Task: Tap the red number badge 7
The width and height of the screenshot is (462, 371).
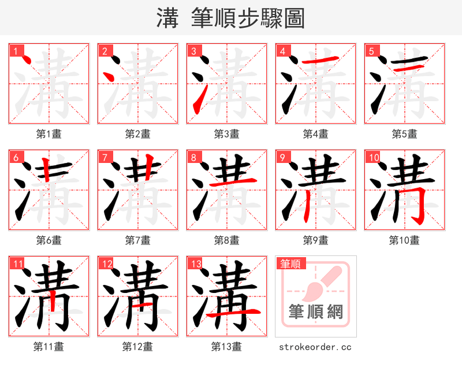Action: click(x=104, y=157)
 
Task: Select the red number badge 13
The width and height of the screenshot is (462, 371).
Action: click(x=195, y=264)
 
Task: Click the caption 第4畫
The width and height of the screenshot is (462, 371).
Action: click(x=315, y=134)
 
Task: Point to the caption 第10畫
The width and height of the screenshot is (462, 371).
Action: click(x=404, y=240)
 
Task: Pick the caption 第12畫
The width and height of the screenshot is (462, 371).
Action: click(x=137, y=347)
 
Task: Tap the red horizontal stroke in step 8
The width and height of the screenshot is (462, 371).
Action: click(x=231, y=184)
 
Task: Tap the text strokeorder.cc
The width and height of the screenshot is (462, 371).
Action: click(x=315, y=347)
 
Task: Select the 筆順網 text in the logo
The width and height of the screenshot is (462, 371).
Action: click(x=315, y=313)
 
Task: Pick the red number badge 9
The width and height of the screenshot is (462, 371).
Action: click(x=282, y=157)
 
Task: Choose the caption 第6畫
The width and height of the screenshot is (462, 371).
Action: click(x=49, y=240)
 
